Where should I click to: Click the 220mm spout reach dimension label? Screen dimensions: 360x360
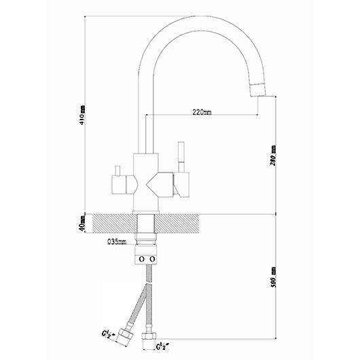tap(202, 112)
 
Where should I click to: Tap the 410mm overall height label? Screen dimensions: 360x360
tap(82, 115)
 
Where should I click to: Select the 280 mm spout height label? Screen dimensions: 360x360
tap(273, 156)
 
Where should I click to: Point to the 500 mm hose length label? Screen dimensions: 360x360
tap(273, 277)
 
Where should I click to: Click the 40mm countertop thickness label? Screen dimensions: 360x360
tap(82, 223)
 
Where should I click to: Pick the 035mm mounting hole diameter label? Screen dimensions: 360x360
tap(117, 242)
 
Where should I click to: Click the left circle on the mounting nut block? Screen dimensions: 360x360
tap(142, 259)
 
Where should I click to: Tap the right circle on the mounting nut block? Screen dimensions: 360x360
tap(152, 259)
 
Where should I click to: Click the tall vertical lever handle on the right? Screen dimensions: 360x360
tap(181, 157)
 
